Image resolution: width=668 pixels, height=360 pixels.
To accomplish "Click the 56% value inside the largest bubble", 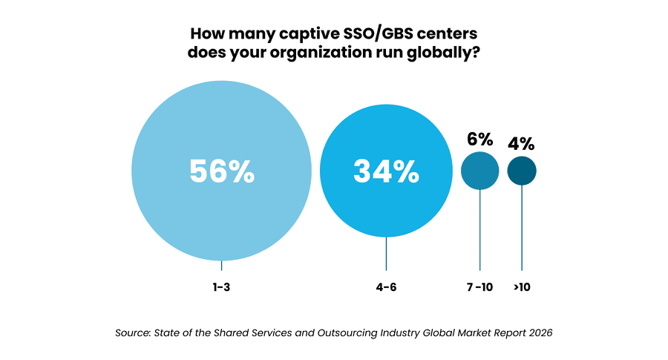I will click(x=222, y=171).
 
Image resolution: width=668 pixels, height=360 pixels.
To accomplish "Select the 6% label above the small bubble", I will click(x=480, y=139).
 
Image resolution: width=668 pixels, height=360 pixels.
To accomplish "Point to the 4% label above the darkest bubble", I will click(x=521, y=143).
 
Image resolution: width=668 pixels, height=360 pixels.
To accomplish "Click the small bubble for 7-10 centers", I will click(x=480, y=171).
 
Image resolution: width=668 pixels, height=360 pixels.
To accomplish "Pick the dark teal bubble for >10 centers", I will click(x=522, y=171).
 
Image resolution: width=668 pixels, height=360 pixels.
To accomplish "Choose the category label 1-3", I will click(x=222, y=286).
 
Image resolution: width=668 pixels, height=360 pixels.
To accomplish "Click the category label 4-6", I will click(x=386, y=286).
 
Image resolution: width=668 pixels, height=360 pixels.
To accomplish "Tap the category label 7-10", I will click(x=480, y=286).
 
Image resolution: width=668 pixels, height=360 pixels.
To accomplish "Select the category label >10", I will click(x=522, y=286).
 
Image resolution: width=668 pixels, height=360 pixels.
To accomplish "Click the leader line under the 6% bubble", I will click(x=480, y=230).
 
